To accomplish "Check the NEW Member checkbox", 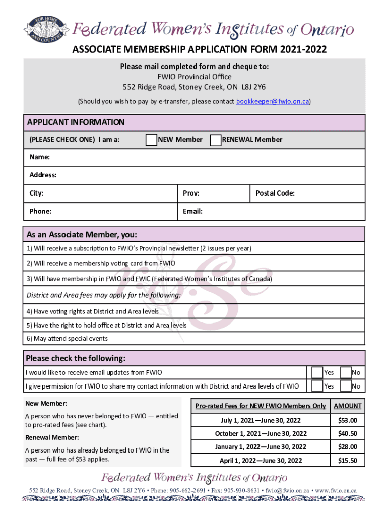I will (151, 140).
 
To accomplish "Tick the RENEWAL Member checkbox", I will (215, 140).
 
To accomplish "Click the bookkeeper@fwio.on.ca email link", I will (273, 101).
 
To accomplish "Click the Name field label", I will (39, 157).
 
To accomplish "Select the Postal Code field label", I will (275, 193).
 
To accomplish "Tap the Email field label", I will (193, 211).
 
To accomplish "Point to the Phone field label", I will (40, 211).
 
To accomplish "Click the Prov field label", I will (191, 193).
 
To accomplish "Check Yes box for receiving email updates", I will (317, 373).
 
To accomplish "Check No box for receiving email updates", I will (346, 373).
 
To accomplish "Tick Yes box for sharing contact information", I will (317, 386).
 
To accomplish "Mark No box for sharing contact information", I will (346, 386).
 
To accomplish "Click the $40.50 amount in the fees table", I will (347, 433).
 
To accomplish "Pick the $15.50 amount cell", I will (347, 460).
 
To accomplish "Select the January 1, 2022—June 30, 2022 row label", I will (261, 447).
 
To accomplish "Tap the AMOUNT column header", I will (348, 406).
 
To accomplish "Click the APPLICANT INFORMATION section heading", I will (76, 122).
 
